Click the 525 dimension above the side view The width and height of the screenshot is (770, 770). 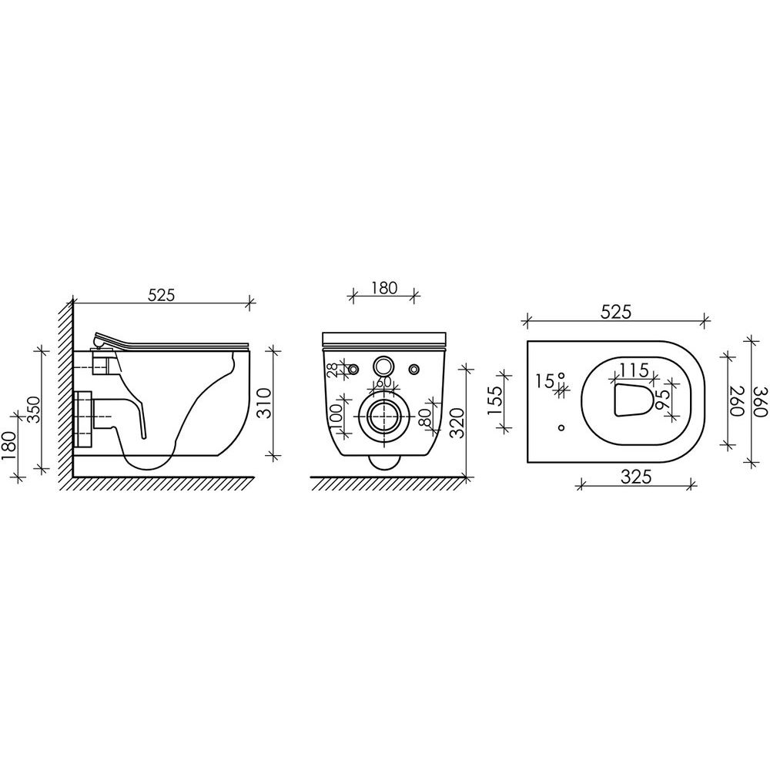(161, 295)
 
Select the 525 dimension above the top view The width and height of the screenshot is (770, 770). (615, 312)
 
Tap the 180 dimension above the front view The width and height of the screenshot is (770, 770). (383, 288)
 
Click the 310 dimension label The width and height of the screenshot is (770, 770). (265, 403)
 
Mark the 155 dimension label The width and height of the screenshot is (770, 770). (495, 400)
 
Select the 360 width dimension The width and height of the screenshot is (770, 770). (760, 402)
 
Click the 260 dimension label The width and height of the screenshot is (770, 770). (737, 400)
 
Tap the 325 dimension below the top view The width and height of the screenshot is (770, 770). (635, 477)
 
